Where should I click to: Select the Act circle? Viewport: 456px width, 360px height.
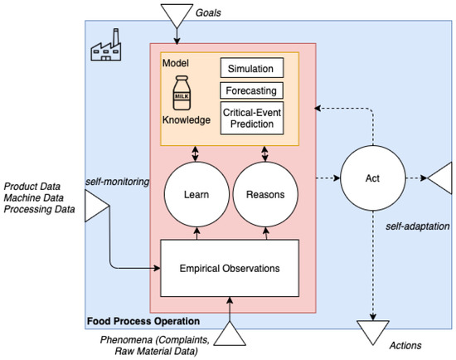pyautogui.click(x=373, y=178)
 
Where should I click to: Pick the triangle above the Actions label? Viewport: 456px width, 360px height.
pyautogui.click(x=373, y=329)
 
